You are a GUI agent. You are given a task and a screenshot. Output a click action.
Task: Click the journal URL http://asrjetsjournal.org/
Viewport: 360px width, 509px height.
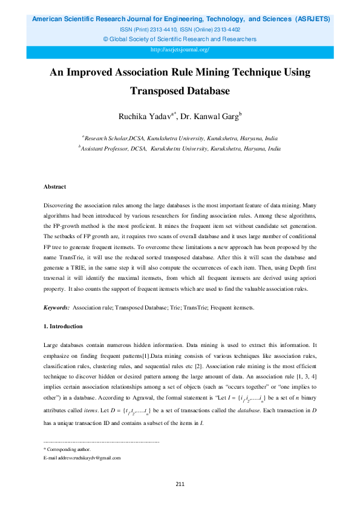pos(179,50)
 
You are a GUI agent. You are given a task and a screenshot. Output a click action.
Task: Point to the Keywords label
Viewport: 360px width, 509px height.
pos(57,308)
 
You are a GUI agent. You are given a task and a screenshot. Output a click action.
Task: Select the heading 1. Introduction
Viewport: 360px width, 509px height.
pos(63,326)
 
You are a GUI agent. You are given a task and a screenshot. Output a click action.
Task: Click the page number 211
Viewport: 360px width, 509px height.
pos(180,484)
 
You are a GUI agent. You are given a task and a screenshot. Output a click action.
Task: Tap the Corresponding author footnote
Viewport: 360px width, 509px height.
pos(67,449)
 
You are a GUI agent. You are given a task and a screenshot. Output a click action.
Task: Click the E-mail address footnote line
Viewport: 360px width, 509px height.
pos(82,458)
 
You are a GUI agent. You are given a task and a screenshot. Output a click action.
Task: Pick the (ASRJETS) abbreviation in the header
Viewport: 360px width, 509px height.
pos(312,19)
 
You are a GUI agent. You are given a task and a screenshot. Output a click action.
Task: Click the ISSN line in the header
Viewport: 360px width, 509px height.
pos(180,29)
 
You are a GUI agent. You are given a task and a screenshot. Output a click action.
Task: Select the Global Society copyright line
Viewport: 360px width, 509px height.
pos(180,39)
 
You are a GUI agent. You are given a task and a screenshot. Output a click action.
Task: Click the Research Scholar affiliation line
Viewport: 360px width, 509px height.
pos(180,138)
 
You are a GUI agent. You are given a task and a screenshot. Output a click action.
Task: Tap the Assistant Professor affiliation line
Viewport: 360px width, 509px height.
pos(180,148)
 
